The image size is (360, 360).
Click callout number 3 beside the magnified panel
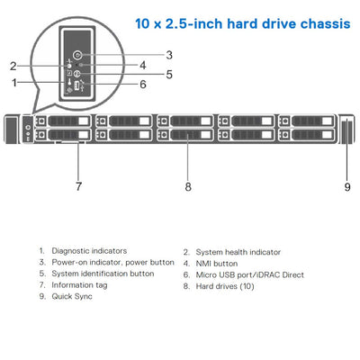[168, 55]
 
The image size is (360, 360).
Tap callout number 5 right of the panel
[168, 75]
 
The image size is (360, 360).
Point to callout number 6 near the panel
[142, 85]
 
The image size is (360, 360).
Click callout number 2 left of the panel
[13, 66]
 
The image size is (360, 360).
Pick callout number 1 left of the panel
[14, 83]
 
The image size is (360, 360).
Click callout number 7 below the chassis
[78, 186]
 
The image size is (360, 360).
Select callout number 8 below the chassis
[187, 186]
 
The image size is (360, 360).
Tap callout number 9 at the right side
[347, 186]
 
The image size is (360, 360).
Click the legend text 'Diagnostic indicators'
[89, 251]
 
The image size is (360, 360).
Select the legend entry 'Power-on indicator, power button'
[112, 262]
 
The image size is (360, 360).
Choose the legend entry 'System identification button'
[103, 273]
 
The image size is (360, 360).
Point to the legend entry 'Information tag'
[78, 284]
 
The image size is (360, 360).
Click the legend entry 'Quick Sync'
[72, 295]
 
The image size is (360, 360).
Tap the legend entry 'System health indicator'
[238, 252]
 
